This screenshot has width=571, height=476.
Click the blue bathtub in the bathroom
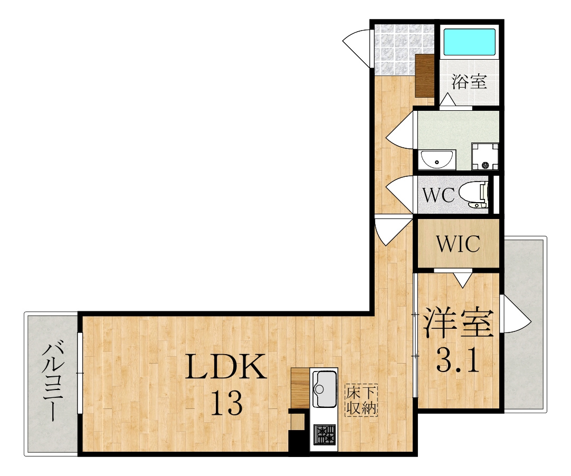coord(469,42)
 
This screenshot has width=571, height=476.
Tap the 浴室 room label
coord(469,82)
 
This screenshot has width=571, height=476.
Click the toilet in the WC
coord(474,195)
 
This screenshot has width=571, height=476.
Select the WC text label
coord(439,195)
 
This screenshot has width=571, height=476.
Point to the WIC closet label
coord(458,244)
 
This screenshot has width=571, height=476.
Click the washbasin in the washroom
coord(436,159)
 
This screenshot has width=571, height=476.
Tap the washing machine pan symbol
coord(485,156)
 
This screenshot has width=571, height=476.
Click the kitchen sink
coord(324,388)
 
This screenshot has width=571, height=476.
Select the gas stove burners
coord(325,435)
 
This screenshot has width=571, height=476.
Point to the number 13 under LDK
coord(227,403)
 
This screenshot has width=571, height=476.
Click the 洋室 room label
coord(458,323)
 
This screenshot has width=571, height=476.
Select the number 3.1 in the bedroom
coord(458,359)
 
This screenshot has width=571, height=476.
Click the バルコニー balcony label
coord(53,380)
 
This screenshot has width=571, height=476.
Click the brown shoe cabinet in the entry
coord(425,76)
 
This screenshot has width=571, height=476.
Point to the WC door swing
coord(400,195)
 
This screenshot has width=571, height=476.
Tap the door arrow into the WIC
coord(462,279)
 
